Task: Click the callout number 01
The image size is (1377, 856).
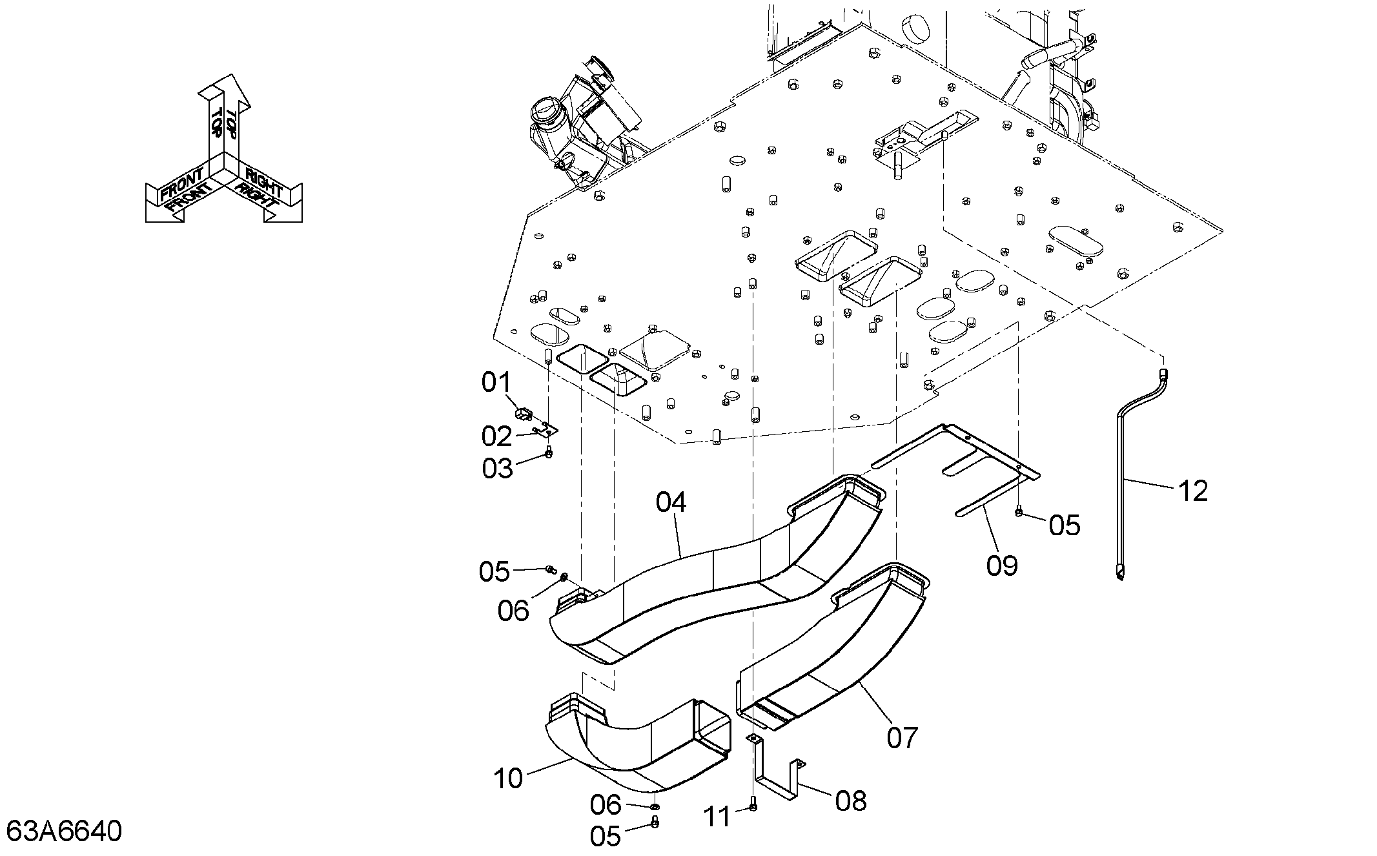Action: (x=496, y=383)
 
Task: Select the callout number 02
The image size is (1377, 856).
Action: (x=496, y=437)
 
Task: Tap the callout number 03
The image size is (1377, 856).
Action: (x=497, y=469)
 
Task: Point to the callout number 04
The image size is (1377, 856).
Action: (x=671, y=502)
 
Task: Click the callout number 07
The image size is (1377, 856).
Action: (x=903, y=737)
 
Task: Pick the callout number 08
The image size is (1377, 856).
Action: (x=851, y=801)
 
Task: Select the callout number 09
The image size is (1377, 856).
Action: (x=1002, y=566)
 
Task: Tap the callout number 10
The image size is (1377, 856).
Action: (x=508, y=779)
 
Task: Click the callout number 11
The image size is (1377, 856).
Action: (x=717, y=817)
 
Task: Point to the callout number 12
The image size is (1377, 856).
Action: (x=1192, y=491)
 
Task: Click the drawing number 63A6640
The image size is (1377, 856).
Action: (x=65, y=831)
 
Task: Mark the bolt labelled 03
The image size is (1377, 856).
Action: (x=549, y=452)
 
